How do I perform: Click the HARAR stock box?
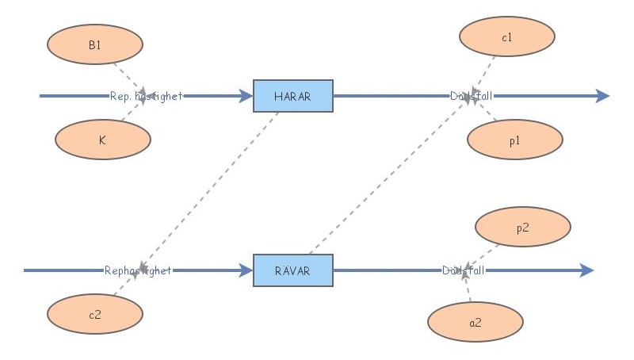coord(292,96)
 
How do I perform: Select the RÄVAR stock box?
coord(292,270)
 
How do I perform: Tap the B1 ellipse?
coord(95,45)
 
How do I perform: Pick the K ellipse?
coord(102,140)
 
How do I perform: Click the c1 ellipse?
coord(507,37)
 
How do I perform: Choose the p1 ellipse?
coord(515,140)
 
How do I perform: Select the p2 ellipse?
coord(522,228)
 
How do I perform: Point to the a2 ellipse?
coord(475,323)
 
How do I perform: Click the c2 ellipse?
coord(95,314)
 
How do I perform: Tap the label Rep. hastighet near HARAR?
coord(146,96)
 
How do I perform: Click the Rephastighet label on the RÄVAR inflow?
coord(138,270)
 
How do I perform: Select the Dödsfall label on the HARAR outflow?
coord(471,96)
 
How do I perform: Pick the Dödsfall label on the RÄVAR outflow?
coord(464,270)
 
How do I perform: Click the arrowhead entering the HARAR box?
coord(246,96)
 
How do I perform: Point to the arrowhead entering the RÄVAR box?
coord(246,270)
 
